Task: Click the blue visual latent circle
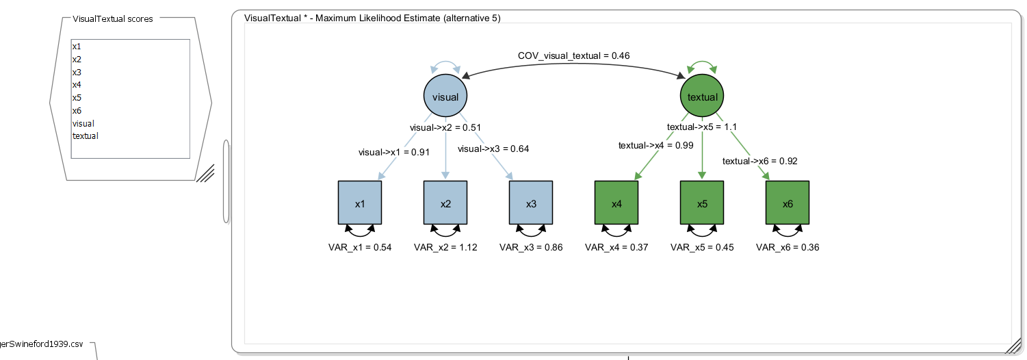point(445,97)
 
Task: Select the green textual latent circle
point(702,97)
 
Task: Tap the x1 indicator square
point(360,203)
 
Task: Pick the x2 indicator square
point(445,203)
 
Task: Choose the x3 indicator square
point(531,203)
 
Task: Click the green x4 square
point(616,203)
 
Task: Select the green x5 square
point(702,203)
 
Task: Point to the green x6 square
point(788,203)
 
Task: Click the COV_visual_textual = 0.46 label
point(573,55)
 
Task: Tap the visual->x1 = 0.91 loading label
point(394,152)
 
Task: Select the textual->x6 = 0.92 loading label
point(760,162)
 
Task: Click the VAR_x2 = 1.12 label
point(445,248)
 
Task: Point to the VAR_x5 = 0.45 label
point(702,248)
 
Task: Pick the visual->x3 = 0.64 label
point(493,149)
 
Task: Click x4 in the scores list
point(77,85)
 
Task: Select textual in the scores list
point(86,136)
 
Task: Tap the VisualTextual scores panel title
point(113,18)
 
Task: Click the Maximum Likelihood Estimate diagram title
point(372,18)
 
